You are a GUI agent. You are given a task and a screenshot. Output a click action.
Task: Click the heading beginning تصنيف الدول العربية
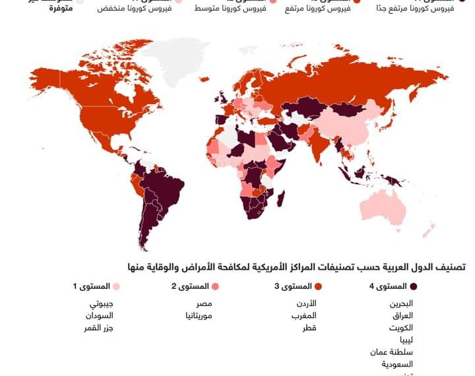[x=297, y=266]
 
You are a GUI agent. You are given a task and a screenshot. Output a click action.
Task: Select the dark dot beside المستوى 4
[x=414, y=286]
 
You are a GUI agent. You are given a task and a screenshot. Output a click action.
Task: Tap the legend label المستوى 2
[x=190, y=286]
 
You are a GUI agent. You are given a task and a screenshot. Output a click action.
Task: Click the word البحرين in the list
[x=402, y=303]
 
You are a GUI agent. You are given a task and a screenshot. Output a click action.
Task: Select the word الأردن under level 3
[x=304, y=303]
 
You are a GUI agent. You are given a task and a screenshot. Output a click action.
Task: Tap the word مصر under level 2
[x=203, y=303]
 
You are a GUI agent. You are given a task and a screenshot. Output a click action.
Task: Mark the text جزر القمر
[x=99, y=327]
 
